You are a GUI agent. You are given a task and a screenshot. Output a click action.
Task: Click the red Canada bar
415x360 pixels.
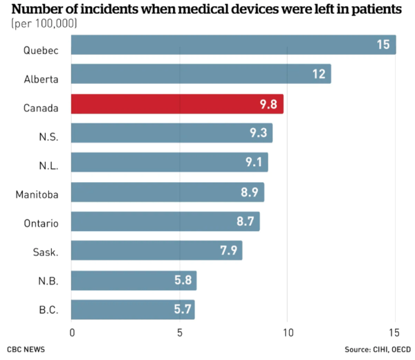177,104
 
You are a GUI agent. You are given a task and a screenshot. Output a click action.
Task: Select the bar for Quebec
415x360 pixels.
233,45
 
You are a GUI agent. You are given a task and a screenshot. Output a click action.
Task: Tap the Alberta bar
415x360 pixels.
201,74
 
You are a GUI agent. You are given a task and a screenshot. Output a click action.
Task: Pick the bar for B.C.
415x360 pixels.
133,309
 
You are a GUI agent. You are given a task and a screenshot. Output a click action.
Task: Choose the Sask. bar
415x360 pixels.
156,251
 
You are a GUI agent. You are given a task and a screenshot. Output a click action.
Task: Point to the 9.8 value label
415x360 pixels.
270,105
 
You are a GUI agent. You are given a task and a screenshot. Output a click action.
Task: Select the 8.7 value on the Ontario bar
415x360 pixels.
246,222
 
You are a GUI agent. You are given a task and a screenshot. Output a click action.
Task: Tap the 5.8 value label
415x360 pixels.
183,280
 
